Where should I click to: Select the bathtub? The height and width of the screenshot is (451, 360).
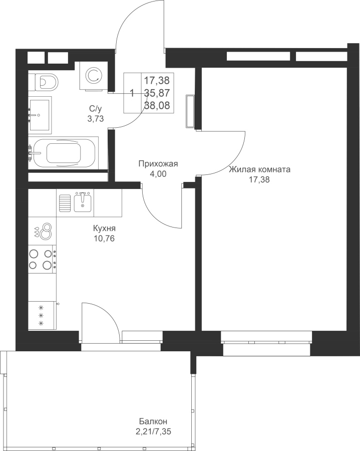pos(64,153)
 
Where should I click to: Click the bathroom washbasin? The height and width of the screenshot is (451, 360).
pos(40,115)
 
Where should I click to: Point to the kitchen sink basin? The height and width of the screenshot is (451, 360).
pos(83,202)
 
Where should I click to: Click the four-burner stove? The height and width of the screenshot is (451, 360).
pos(42,259)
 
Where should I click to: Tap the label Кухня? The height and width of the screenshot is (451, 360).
pos(104,229)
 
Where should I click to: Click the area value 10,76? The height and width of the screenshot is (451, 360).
pos(104,239)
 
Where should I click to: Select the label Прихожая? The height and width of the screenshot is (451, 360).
pos(158,164)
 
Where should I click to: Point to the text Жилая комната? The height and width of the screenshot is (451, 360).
pos(259,170)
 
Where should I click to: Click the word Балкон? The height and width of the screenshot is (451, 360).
pos(153,422)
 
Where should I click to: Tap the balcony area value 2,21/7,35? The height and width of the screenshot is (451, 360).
pos(155,432)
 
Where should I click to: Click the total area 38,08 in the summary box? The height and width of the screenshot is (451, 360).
pos(157,106)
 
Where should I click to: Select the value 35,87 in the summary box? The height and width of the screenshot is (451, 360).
pos(157,93)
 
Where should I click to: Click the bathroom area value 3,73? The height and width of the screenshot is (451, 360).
pos(96,118)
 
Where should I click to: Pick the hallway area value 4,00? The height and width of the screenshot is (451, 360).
pos(158,174)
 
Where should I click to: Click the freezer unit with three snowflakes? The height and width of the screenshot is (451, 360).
pos(42,315)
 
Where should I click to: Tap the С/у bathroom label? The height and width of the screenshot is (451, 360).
pos(96,109)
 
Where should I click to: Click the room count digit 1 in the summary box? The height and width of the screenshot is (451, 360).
pos(132,93)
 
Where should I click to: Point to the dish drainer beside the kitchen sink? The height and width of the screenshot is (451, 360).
pos(65,202)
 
